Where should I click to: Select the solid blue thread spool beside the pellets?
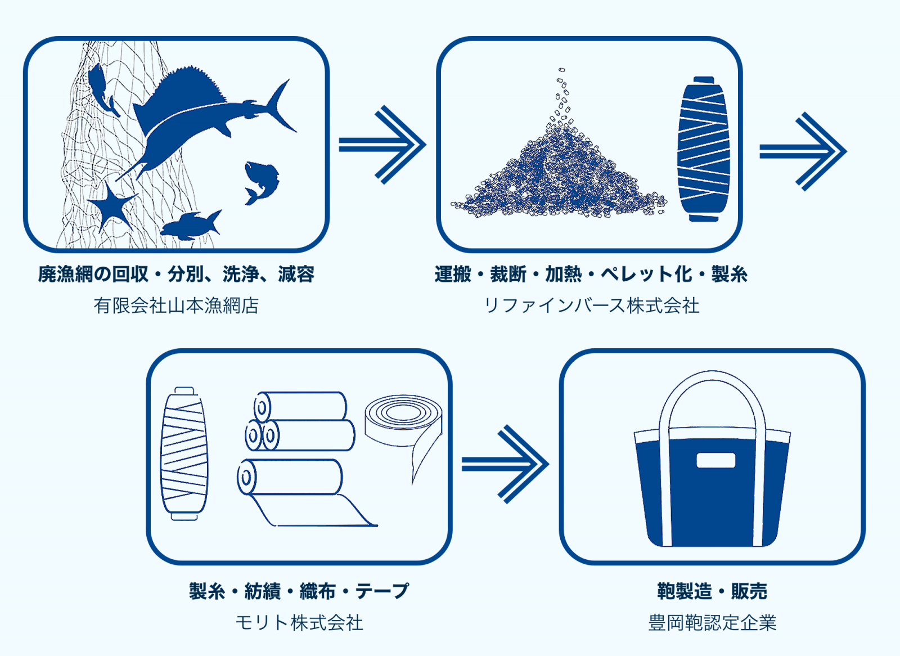click(x=703, y=149)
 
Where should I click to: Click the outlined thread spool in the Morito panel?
click(x=184, y=453)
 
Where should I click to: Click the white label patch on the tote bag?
click(x=715, y=460)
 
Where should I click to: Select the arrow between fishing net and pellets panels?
click(x=382, y=145)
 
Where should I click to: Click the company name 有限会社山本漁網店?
click(x=176, y=305)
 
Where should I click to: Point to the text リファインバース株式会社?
click(x=591, y=305)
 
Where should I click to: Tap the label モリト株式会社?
click(x=299, y=623)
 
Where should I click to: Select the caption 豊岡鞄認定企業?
click(x=712, y=623)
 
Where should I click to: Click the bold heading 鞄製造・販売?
click(x=712, y=591)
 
